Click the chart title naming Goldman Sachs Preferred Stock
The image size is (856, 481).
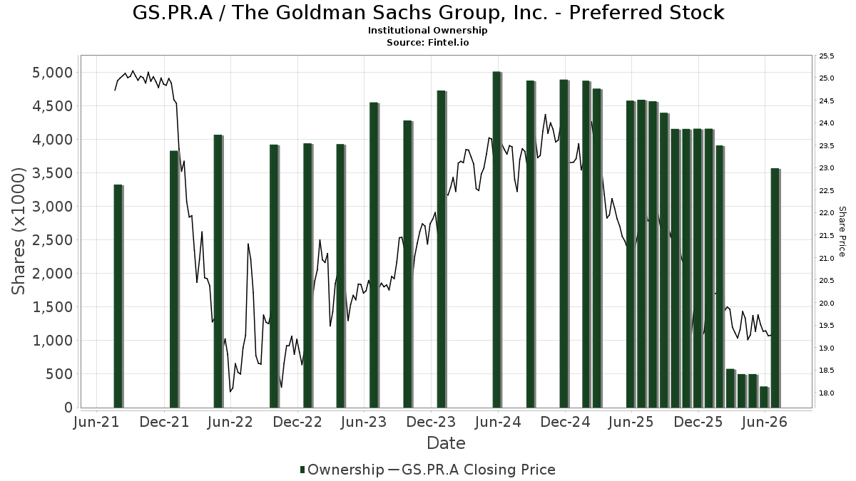(x=428, y=13)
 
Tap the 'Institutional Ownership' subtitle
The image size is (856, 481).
(x=427, y=31)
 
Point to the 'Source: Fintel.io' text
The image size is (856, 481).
(x=427, y=42)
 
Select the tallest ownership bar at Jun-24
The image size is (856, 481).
(x=496, y=239)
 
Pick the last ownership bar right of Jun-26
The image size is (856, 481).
(x=775, y=288)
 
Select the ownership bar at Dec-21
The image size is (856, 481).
(x=174, y=279)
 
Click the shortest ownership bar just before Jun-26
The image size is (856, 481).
(x=764, y=397)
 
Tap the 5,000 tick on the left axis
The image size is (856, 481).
(x=52, y=73)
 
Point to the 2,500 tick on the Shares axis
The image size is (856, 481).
(x=52, y=240)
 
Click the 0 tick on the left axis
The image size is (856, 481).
(x=68, y=408)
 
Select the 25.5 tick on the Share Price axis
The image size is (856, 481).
(x=826, y=56)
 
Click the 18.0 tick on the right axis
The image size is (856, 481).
(x=826, y=393)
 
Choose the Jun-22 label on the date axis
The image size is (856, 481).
(x=230, y=422)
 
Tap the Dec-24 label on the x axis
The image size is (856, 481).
(x=565, y=422)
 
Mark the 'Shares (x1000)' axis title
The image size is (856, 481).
(x=18, y=231)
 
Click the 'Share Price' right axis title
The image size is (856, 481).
(x=842, y=232)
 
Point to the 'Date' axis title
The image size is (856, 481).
(x=446, y=443)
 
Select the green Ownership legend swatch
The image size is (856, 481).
(x=302, y=470)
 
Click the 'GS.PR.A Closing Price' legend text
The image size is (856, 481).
(x=479, y=470)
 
